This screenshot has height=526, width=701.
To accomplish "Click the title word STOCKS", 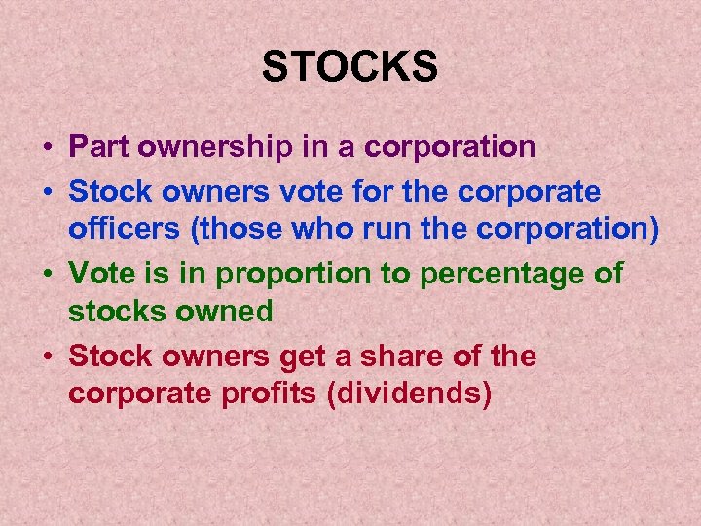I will point(350,67).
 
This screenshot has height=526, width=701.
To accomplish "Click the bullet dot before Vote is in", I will point(47,275).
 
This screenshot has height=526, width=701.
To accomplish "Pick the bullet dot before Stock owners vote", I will point(47,191).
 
